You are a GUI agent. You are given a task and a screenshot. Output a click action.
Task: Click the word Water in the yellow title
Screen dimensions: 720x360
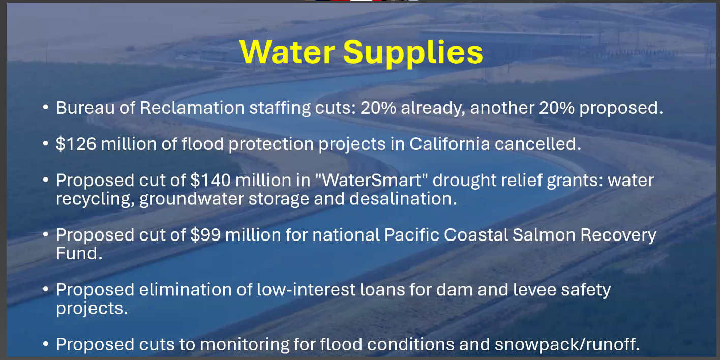click(287, 52)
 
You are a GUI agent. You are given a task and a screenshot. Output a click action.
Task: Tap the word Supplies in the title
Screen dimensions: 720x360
click(413, 53)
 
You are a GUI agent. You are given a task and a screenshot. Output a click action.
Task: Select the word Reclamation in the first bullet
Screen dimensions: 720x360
click(192, 108)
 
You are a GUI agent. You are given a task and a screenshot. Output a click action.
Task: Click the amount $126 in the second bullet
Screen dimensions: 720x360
click(76, 144)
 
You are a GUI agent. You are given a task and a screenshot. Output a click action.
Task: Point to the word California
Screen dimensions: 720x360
click(449, 144)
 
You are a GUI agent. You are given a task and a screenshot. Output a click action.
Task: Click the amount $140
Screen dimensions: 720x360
click(211, 180)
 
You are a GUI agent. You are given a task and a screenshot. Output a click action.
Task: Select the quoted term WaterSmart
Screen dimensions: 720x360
click(372, 180)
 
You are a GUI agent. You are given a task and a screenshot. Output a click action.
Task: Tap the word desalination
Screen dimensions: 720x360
click(403, 199)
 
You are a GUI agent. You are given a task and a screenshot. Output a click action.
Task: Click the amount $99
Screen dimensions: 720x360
click(205, 234)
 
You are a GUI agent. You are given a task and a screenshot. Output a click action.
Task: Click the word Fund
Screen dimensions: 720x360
click(79, 253)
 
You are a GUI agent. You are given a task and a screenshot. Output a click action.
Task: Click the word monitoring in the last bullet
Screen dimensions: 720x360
click(244, 345)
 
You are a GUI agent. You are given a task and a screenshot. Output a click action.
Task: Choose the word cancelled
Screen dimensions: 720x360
click(538, 144)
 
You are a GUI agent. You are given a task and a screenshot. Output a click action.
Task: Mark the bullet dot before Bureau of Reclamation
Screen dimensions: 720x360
click(46, 108)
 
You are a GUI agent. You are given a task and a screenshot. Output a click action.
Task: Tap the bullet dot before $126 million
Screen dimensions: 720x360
click(46, 144)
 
